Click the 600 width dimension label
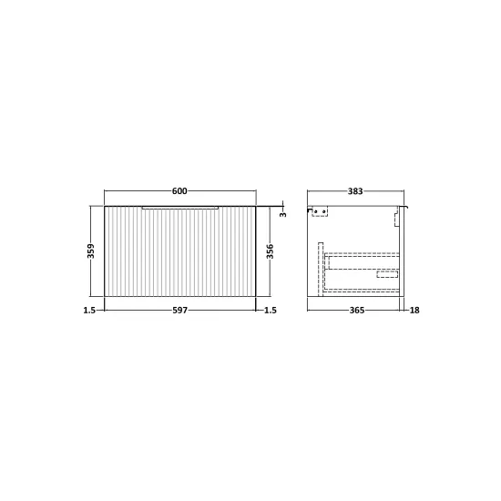tap(179, 191)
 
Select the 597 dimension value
tap(179, 311)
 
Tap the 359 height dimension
tap(91, 250)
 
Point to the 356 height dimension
tap(270, 251)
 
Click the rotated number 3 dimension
tap(283, 214)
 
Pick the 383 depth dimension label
tap(355, 191)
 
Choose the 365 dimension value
tap(356, 311)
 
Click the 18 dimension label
tap(414, 311)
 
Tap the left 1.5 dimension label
tap(89, 311)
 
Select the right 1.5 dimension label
tap(271, 311)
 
